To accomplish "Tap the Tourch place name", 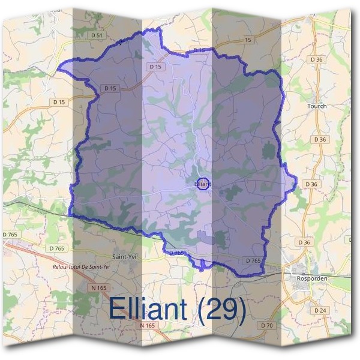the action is pyautogui.click(x=317, y=106).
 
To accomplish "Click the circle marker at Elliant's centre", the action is pyautogui.click(x=203, y=184).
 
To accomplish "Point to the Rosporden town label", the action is pyautogui.click(x=306, y=278).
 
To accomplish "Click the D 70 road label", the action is pyautogui.click(x=267, y=325).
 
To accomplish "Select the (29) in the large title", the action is pyautogui.click(x=222, y=309).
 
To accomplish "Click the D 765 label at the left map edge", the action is pyautogui.click(x=10, y=234).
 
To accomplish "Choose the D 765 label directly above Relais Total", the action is pyautogui.click(x=57, y=248).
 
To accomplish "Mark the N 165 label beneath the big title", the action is pyautogui.click(x=147, y=325).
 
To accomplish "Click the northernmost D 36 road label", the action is pyautogui.click(x=317, y=59).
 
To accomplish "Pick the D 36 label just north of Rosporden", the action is pyautogui.click(x=305, y=242).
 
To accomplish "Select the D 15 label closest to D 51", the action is pyautogui.click(x=155, y=66).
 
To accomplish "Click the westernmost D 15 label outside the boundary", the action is pyautogui.click(x=59, y=102).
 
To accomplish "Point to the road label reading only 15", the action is pyautogui.click(x=248, y=40).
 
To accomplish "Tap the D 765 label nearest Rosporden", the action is pyautogui.click(x=253, y=260).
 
